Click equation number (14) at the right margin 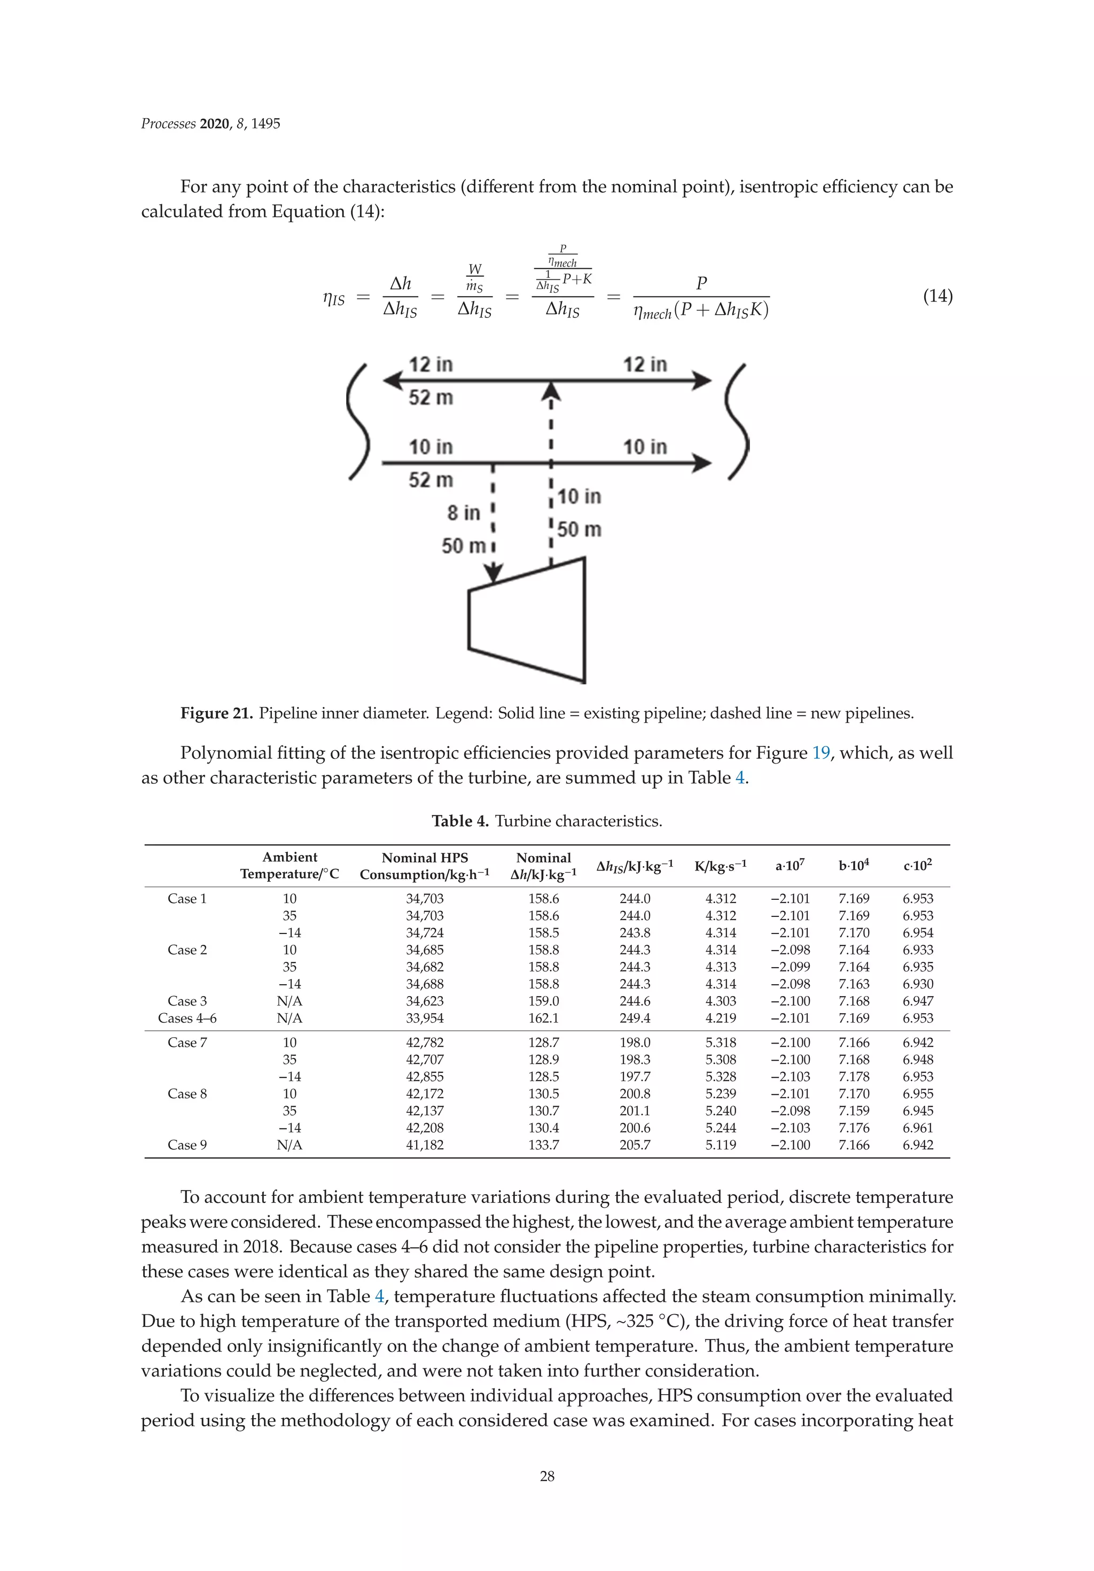937,296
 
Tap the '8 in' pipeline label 463,512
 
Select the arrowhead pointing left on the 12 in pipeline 393,380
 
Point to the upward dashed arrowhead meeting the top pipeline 551,392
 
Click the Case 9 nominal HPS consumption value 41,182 424,1145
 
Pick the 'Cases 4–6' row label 187,1018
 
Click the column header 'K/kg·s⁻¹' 721,866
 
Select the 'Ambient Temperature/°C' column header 290,866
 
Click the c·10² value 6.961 918,1127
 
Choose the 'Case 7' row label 187,1043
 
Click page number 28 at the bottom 546,1476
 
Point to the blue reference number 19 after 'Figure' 820,753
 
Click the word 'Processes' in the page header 168,124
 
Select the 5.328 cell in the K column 721,1077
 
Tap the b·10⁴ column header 854,866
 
